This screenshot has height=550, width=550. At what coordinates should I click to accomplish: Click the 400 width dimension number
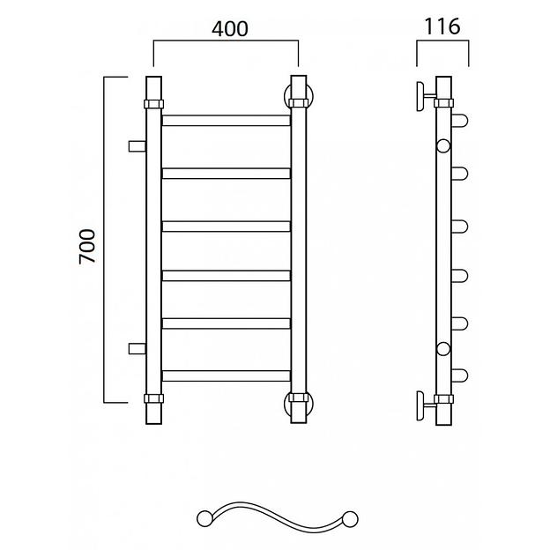[230, 29]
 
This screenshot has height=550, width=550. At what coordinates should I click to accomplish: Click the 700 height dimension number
[87, 246]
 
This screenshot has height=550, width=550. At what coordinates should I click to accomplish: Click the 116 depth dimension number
[442, 26]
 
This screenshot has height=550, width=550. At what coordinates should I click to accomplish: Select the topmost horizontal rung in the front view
[227, 120]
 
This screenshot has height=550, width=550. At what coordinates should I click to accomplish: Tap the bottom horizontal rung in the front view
[227, 375]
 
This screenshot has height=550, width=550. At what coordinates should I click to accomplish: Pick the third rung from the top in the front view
[227, 227]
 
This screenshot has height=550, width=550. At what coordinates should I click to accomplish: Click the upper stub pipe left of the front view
[137, 146]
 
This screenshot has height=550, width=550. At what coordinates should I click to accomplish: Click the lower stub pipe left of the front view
[137, 349]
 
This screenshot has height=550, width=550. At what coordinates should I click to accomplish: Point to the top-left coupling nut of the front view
[153, 104]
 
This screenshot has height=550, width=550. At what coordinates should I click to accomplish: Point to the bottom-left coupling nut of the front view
[153, 398]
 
